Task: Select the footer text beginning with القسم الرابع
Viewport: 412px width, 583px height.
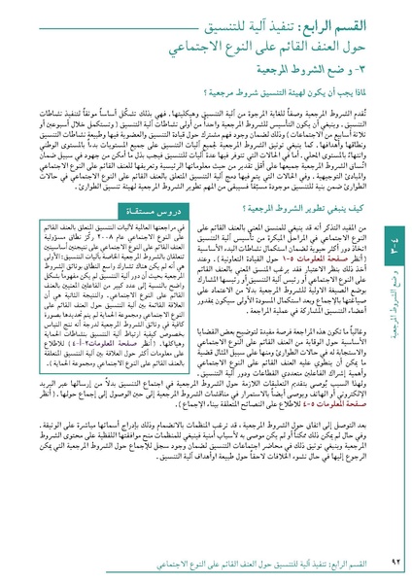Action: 233,563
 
